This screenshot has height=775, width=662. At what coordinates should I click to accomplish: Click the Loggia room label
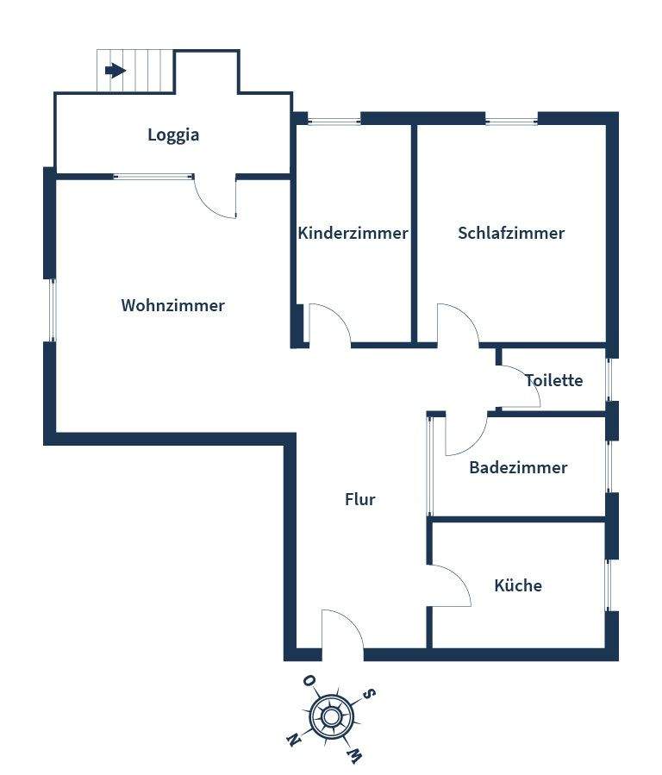coord(173,134)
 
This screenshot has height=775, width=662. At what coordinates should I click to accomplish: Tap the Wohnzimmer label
coord(173,305)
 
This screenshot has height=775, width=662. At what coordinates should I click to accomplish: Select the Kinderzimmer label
coord(353,233)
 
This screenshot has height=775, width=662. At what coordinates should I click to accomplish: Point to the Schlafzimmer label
coord(511,233)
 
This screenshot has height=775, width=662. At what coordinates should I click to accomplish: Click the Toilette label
coord(554,380)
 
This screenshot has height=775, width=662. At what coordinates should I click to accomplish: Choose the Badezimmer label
coord(518,467)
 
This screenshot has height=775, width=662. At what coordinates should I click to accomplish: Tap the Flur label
coord(360,498)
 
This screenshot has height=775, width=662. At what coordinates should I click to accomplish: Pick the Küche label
coord(518,585)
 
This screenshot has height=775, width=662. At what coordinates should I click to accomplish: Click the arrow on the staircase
coord(115,71)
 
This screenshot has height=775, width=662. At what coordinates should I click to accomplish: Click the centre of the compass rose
coord(329,716)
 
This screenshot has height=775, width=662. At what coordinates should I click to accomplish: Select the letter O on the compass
coord(308,681)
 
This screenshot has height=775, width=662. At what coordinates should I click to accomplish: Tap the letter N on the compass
coord(292,740)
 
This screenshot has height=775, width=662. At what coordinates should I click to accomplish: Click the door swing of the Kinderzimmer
coord(328,326)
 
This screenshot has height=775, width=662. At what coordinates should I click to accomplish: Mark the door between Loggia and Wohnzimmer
coord(215,197)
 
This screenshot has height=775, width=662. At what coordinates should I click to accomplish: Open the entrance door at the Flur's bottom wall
coord(342,630)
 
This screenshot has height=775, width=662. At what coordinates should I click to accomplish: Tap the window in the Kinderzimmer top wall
coord(334,120)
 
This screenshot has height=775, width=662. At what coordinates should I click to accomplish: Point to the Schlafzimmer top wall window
coord(511,120)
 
